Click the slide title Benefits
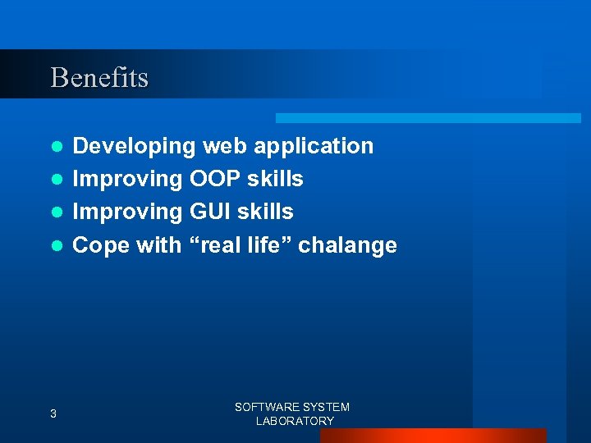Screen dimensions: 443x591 point(99,78)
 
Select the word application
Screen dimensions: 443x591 point(314,147)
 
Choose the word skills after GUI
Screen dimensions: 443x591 point(267,212)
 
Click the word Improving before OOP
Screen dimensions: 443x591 point(128,179)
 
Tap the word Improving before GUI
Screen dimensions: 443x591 point(128,212)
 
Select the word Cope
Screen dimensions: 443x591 point(102,244)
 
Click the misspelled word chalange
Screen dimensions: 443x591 point(347,244)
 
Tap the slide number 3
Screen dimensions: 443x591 point(53,414)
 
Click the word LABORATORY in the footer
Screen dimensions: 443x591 point(295,421)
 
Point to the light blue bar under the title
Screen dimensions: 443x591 point(428,118)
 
